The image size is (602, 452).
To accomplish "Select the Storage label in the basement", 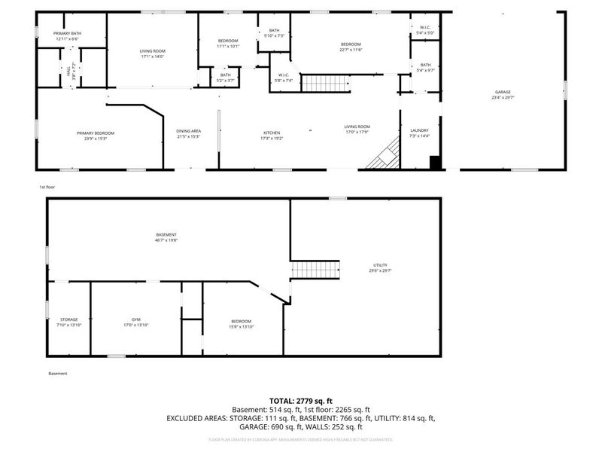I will pyautogui.click(x=69, y=322).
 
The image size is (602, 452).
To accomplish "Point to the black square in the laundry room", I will pyautogui.click(x=435, y=162).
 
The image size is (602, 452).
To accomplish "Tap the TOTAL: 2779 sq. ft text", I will pyautogui.click(x=301, y=401).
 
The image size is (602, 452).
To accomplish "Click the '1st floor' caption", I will pyautogui.click(x=47, y=186).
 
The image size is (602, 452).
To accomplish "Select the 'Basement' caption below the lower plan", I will pyautogui.click(x=57, y=374).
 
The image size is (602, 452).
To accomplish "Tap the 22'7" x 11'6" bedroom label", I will pyautogui.click(x=351, y=47).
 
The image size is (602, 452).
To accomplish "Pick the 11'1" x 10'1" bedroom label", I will pyautogui.click(x=228, y=43).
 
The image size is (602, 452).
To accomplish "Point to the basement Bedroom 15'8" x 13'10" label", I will pyautogui.click(x=241, y=324).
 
